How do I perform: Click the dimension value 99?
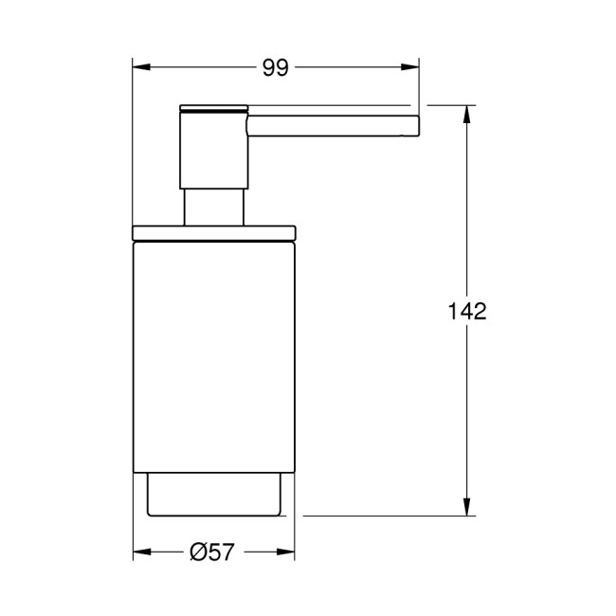276,67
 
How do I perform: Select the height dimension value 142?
466,311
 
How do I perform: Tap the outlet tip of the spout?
415,124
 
